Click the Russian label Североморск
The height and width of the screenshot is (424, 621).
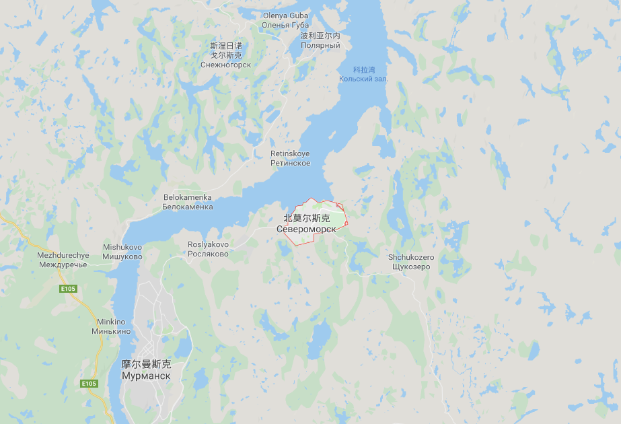tap(306, 229)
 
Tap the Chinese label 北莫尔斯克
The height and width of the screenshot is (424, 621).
tap(306, 218)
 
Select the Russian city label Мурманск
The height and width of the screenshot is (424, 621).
tap(146, 376)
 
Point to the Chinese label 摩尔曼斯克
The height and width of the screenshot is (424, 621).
tap(146, 364)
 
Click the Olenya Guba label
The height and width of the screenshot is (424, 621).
tap(285, 15)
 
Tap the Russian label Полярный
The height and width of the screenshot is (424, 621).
tap(320, 45)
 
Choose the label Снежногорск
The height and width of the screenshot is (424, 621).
tap(225, 65)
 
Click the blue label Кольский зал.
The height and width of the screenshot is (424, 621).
tap(363, 79)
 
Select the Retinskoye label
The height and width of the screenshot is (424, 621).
tap(290, 153)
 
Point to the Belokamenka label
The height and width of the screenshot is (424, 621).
tap(187, 197)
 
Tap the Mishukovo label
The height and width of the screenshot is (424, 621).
tap(122, 247)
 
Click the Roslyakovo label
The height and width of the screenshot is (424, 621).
tap(208, 244)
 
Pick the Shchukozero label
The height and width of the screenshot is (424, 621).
tap(411, 257)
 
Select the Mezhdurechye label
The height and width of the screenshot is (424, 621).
tap(63, 256)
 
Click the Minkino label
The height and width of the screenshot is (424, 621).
tap(111, 322)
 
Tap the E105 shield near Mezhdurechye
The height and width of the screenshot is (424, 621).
tap(68, 289)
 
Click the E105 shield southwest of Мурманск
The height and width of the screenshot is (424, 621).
tap(89, 384)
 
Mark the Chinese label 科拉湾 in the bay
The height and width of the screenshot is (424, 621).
tap(363, 70)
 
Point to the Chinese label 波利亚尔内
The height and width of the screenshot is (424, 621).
tap(320, 36)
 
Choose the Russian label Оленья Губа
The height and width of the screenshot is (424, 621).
tap(285, 25)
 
